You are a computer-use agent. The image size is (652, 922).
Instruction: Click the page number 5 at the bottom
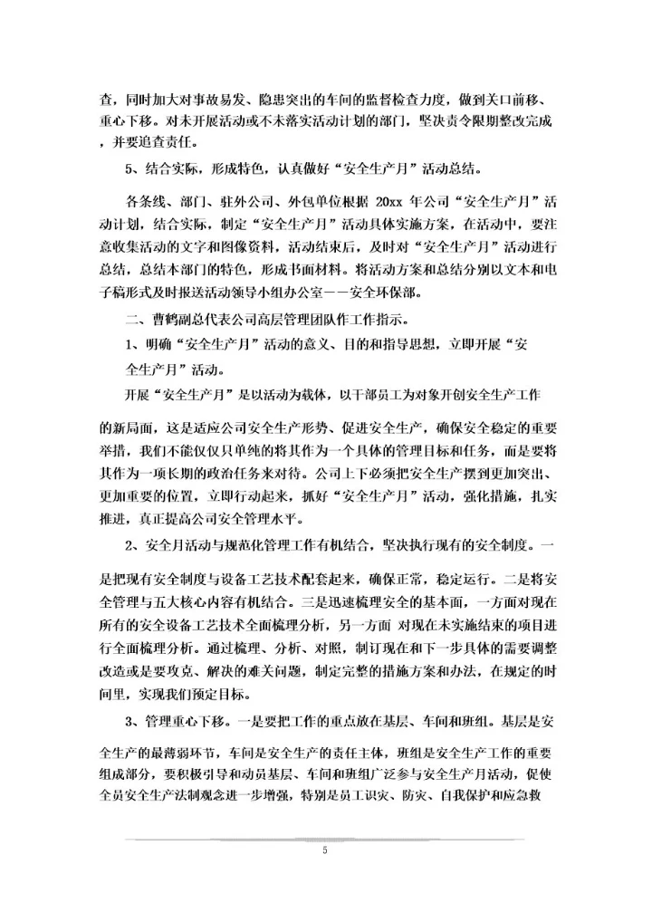tap(325, 850)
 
